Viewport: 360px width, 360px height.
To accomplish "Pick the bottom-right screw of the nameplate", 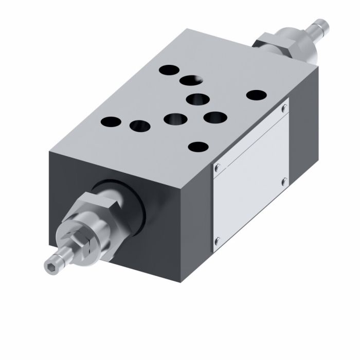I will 283,181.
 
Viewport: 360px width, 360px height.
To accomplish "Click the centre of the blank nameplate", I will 250,175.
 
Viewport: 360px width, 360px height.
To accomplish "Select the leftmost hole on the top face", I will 111,122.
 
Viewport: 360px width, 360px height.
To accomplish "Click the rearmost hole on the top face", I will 168,69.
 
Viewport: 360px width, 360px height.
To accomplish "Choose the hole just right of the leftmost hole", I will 139,125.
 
